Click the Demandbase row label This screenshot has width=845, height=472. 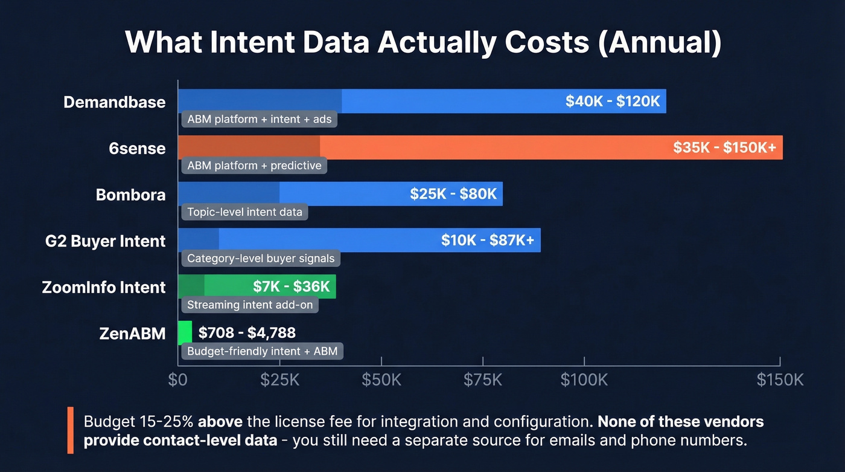tap(114, 102)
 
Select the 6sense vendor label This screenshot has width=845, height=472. tap(137, 148)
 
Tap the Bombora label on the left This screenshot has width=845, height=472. tap(130, 195)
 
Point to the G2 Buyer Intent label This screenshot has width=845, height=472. tap(105, 241)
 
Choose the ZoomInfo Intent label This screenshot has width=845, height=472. tap(104, 287)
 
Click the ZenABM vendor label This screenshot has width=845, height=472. tap(132, 333)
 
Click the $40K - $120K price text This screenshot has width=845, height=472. tap(613, 102)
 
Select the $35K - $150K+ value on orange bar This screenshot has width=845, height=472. tap(724, 148)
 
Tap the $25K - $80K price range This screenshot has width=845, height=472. tap(453, 194)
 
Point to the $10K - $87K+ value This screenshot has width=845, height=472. tap(488, 241)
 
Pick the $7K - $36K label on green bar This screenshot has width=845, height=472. tap(292, 286)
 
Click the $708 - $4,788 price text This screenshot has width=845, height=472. tap(247, 332)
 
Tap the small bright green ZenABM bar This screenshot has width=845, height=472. tap(185, 332)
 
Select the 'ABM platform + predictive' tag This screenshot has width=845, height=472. tap(254, 166)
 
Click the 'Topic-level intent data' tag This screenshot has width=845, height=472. tap(244, 212)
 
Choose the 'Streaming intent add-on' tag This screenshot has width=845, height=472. tap(250, 305)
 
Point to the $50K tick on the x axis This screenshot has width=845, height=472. tap(381, 380)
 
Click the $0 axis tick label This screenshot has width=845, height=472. tap(177, 380)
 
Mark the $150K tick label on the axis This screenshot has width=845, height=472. tap(780, 380)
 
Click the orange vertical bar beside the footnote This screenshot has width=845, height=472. tap(71, 430)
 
